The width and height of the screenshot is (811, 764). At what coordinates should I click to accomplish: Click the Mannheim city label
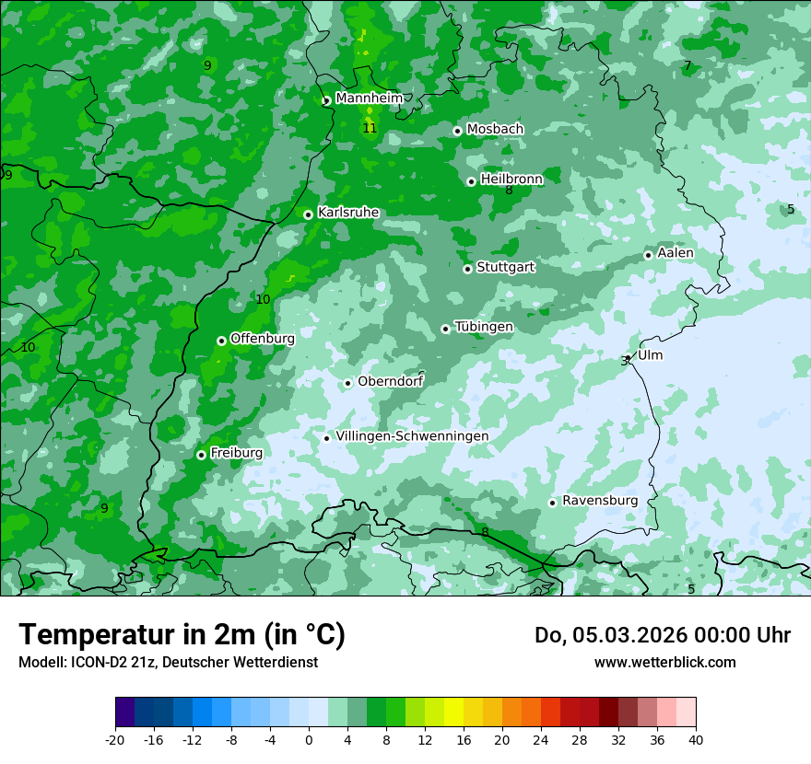pos(369,98)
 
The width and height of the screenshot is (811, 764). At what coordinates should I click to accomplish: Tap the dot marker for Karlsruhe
pos(308,214)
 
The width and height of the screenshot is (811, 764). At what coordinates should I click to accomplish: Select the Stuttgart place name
pos(505,268)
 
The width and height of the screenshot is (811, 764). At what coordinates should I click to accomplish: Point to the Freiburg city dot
pos(201,455)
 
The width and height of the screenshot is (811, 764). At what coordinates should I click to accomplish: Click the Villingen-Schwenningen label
pos(412,436)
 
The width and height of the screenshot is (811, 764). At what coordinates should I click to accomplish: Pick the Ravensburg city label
pos(600,501)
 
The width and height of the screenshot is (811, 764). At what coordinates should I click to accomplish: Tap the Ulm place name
pos(650,355)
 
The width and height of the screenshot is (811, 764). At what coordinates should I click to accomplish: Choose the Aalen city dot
pos(648,255)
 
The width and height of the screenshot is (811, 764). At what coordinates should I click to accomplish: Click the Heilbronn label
pos(511,179)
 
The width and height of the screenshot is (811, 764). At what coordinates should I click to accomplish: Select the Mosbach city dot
pos(457,131)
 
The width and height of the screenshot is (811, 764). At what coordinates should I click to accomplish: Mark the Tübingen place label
pos(484,327)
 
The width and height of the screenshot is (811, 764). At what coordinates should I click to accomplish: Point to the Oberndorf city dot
pos(347,383)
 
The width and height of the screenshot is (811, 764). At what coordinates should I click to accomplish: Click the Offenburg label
pos(263,339)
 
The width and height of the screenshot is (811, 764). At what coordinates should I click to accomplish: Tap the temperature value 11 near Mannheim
pos(370,128)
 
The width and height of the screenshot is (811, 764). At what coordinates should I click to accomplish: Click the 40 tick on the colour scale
pos(695,739)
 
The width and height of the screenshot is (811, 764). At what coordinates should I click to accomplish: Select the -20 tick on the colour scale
pos(115,739)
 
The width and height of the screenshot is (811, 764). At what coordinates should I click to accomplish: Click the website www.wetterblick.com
pos(664,662)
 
